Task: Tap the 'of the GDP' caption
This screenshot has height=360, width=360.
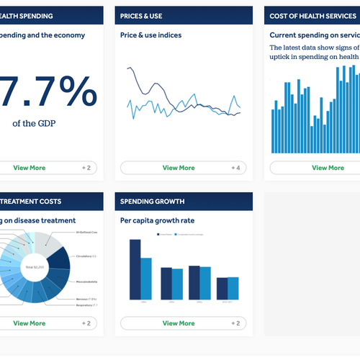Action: pyautogui.click(x=34, y=123)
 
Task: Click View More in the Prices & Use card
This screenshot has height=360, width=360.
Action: pyautogui.click(x=179, y=168)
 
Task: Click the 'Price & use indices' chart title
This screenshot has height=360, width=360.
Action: pyautogui.click(x=150, y=35)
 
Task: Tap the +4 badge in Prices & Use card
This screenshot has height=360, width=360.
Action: pyautogui.click(x=235, y=168)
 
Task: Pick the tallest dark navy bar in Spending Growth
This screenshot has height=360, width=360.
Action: pyautogui.click(x=135, y=269)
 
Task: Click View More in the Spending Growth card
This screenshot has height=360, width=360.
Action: pyautogui.click(x=179, y=323)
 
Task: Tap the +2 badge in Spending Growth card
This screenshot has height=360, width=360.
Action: pyautogui.click(x=235, y=323)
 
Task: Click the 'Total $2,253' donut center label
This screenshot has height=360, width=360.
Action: pyautogui.click(x=35, y=267)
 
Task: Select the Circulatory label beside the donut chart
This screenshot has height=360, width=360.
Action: pyautogui.click(x=90, y=256)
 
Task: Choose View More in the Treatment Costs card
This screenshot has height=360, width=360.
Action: pyautogui.click(x=29, y=323)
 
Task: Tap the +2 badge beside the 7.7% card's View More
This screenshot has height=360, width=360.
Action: pyautogui.click(x=86, y=168)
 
